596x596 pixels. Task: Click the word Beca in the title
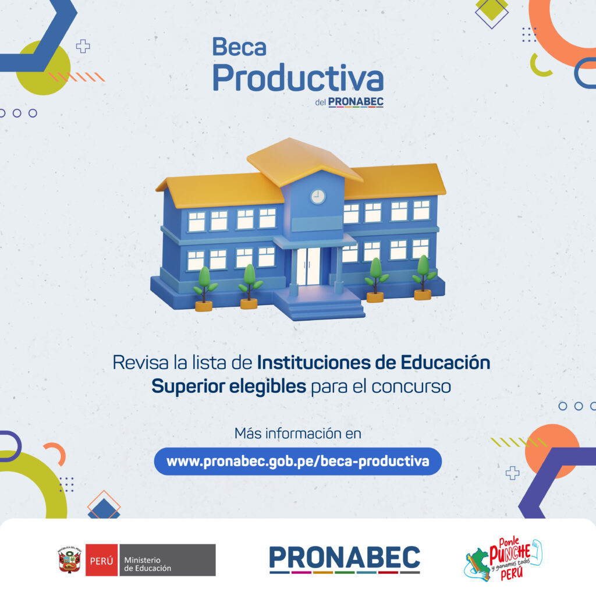(239, 47)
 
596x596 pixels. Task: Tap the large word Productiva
(298, 78)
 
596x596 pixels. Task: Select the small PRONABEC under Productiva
(356, 102)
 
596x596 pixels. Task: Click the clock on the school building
(318, 197)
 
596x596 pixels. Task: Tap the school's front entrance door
(308, 266)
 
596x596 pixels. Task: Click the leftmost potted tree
(205, 289)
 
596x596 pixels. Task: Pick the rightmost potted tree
(424, 278)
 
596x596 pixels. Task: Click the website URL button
(297, 461)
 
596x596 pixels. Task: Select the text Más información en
(297, 433)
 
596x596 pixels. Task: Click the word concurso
(411, 387)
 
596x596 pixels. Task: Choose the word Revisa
(140, 362)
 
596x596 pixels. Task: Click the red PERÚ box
(101, 560)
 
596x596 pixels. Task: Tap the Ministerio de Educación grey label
(168, 560)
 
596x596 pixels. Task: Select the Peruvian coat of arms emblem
(70, 560)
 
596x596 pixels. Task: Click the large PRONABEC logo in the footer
(345, 559)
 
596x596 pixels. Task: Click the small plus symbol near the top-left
(83, 47)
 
